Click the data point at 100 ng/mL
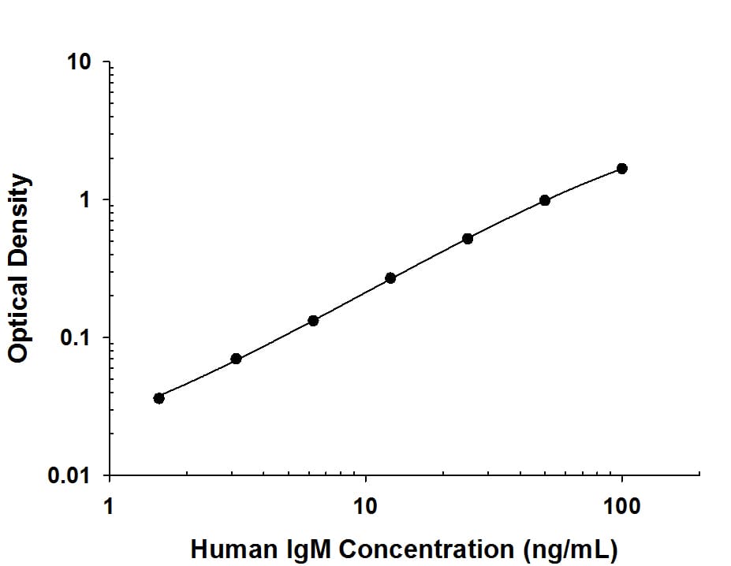621,168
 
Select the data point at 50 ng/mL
545,200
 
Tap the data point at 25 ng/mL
468,238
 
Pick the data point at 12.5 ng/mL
390,277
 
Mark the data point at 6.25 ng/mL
313,320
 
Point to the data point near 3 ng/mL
236,359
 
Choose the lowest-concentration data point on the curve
159,398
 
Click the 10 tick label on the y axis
79,63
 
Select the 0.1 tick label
76,339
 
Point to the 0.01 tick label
72,476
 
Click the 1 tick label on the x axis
109,505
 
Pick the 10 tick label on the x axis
365,505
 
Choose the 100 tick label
622,505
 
